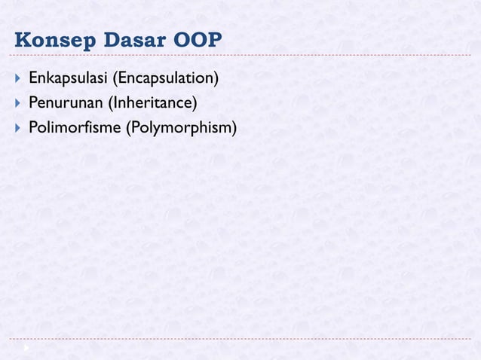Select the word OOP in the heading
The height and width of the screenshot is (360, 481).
(x=197, y=40)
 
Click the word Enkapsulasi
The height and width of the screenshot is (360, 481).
(x=67, y=78)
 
